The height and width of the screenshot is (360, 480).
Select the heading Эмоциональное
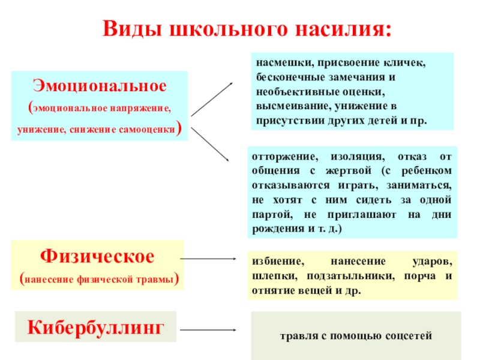pyautogui.click(x=99, y=85)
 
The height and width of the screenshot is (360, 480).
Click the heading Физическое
pyautogui.click(x=97, y=256)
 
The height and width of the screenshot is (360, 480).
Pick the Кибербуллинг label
pyautogui.click(x=96, y=327)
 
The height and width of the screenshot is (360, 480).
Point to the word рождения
pyautogui.click(x=276, y=229)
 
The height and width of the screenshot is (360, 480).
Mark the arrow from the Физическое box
pyautogui.click(x=208, y=259)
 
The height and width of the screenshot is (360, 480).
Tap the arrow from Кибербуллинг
pyautogui.click(x=208, y=330)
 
